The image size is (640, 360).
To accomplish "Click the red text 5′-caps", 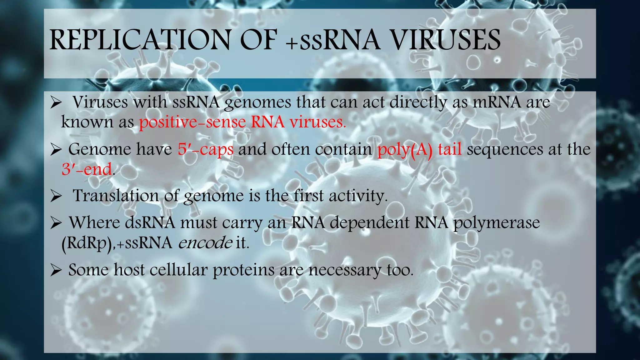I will tap(205, 149).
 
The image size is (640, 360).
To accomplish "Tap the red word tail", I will tap(450, 149).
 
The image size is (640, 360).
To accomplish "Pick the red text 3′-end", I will tap(87, 169).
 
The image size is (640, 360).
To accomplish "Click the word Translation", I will tap(116, 196).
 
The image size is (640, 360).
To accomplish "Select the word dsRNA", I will tap(150, 223).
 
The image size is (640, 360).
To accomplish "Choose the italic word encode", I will tap(205, 243).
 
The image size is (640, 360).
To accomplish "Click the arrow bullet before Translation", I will tap(56, 196).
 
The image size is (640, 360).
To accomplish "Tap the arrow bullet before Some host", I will tap(56, 270).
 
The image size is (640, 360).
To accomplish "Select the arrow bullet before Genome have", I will tap(56, 150).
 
